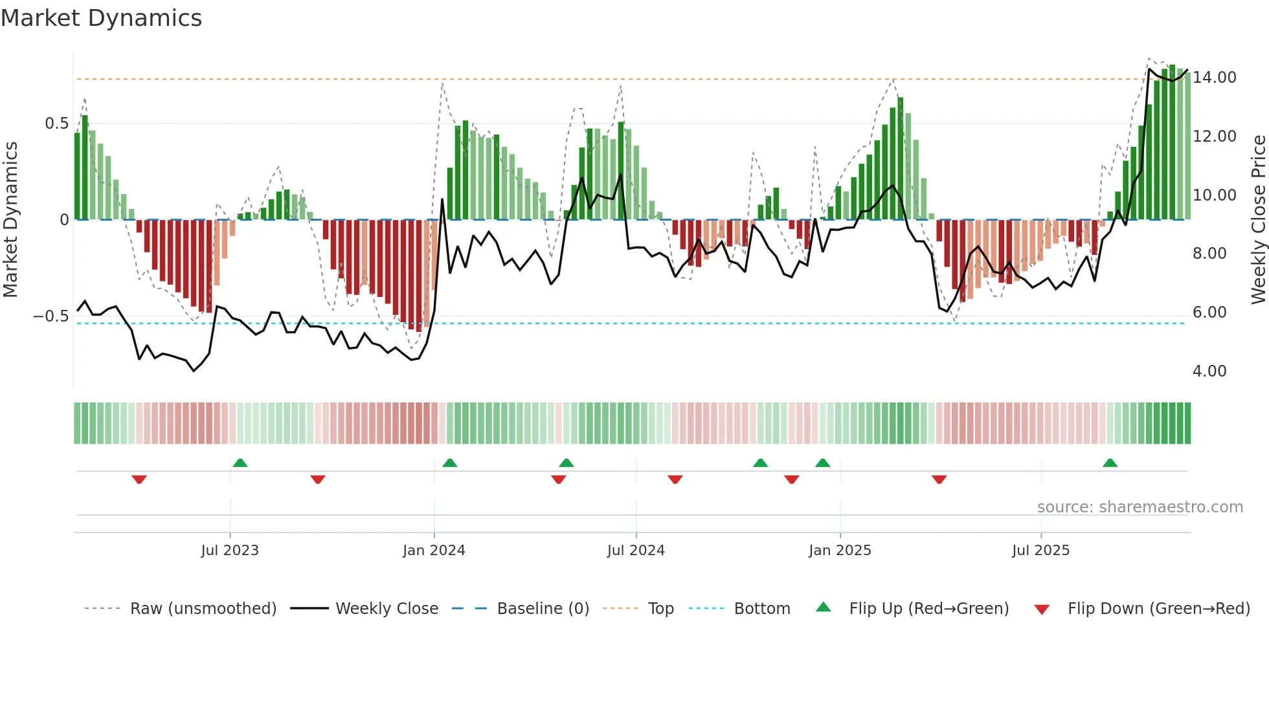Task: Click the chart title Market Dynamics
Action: pos(101,18)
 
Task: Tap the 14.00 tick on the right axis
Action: pos(1215,78)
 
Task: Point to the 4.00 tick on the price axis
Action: pos(1209,371)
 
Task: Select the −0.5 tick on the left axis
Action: pos(51,316)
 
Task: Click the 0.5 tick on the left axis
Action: pos(56,124)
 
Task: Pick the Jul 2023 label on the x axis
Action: pos(230,551)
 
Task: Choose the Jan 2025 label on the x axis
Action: pos(840,551)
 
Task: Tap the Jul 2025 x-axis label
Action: pos(1040,551)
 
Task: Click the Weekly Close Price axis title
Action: pos(1258,219)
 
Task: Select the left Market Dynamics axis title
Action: pos(10,219)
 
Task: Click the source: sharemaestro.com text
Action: pos(1140,507)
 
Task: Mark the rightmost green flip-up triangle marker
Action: pos(1110,463)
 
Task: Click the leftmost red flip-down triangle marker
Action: pos(139,479)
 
